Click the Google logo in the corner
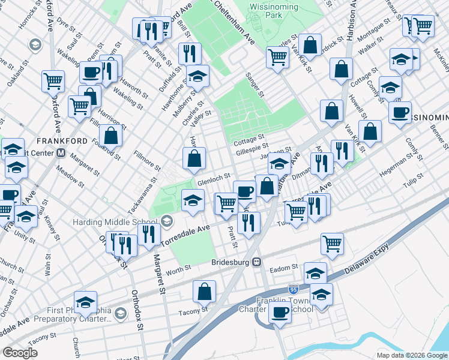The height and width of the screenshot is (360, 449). click(x=20, y=352)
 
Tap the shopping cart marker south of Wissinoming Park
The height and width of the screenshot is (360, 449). click(x=278, y=58)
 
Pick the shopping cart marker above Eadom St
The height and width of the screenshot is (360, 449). click(x=332, y=243)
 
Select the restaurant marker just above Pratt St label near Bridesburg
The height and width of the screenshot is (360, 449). click(x=247, y=222)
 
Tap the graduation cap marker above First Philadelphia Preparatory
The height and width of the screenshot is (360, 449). click(x=86, y=302)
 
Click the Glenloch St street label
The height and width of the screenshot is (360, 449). click(x=214, y=178)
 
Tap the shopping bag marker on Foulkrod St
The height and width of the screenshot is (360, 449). click(x=110, y=135)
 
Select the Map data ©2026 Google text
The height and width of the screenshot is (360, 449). click(x=411, y=355)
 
